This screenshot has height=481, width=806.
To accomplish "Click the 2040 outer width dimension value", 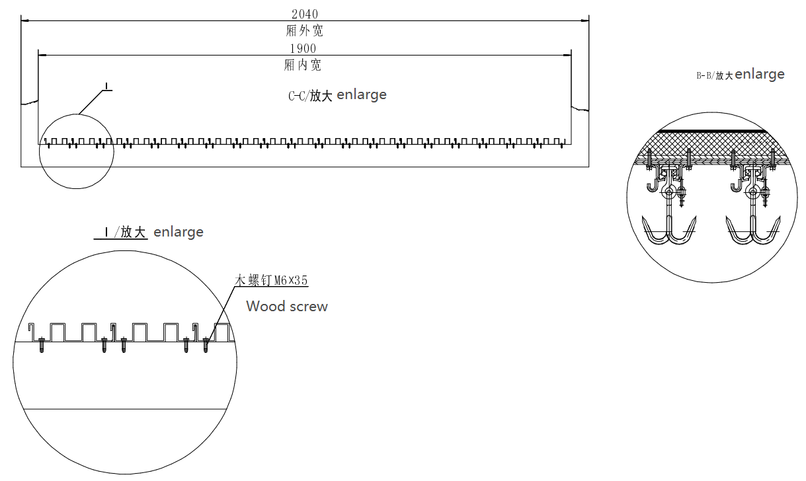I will (304, 13).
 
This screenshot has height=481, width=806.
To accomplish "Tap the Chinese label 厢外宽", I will (304, 30).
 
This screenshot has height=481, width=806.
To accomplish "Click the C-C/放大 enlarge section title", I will (337, 95).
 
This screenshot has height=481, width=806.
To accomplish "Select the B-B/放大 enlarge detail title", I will (740, 75).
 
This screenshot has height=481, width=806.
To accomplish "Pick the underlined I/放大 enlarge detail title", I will (149, 232).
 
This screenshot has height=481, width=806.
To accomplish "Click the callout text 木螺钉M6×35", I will (272, 280).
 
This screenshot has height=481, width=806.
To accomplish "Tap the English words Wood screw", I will (286, 306).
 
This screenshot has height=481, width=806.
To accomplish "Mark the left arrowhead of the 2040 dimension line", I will (24, 22).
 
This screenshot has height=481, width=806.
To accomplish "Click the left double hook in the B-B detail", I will (669, 231).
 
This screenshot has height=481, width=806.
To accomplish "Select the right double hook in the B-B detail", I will (752, 231).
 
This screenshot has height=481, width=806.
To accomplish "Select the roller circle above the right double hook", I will (752, 193).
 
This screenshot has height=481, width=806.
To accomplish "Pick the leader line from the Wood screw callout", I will (222, 311).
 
